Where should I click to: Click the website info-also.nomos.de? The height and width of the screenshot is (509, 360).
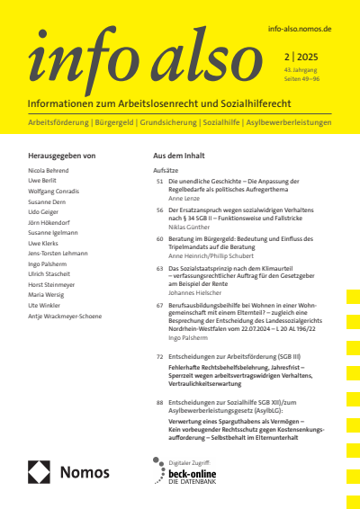click(x=300, y=29)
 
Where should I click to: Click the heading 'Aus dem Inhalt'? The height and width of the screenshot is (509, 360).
click(x=183, y=156)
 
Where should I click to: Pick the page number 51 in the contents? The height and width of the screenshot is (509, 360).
click(x=159, y=182)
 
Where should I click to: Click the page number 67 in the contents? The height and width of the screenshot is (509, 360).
click(x=159, y=306)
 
